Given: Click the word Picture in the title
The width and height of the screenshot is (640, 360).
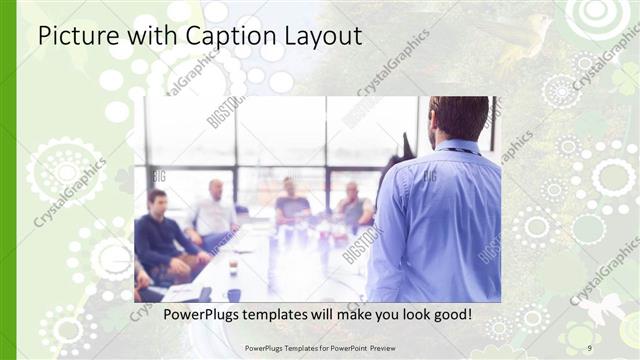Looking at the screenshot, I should tap(72, 37).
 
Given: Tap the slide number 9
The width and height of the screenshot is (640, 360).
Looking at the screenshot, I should tap(589, 347).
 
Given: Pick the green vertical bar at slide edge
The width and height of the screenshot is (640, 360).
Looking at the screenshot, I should tap(8, 180).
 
